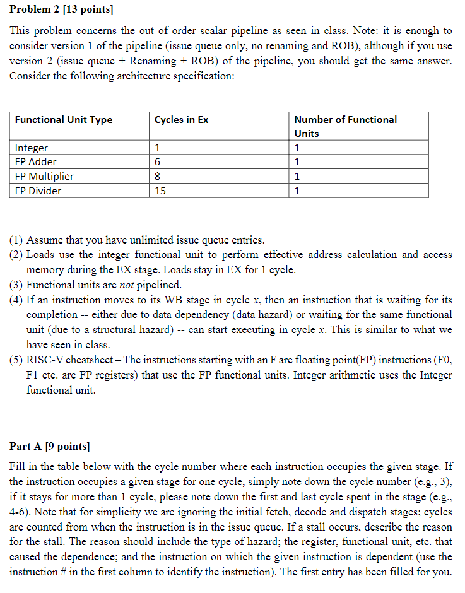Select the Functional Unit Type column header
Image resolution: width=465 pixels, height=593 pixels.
64,120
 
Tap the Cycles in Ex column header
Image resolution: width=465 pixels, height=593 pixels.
181,120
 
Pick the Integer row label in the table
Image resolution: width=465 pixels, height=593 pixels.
32,148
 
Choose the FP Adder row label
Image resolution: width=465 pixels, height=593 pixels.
36,162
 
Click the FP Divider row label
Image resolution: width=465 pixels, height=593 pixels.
38,191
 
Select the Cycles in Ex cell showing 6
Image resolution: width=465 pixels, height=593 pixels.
158,162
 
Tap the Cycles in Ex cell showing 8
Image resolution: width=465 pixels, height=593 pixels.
158,177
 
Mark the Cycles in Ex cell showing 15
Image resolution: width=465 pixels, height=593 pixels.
160,191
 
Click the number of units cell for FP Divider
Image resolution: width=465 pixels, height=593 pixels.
298,191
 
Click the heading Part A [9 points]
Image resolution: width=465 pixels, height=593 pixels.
50,447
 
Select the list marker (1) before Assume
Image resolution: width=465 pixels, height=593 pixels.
16,240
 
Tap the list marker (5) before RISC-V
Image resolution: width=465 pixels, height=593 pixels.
16,360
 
